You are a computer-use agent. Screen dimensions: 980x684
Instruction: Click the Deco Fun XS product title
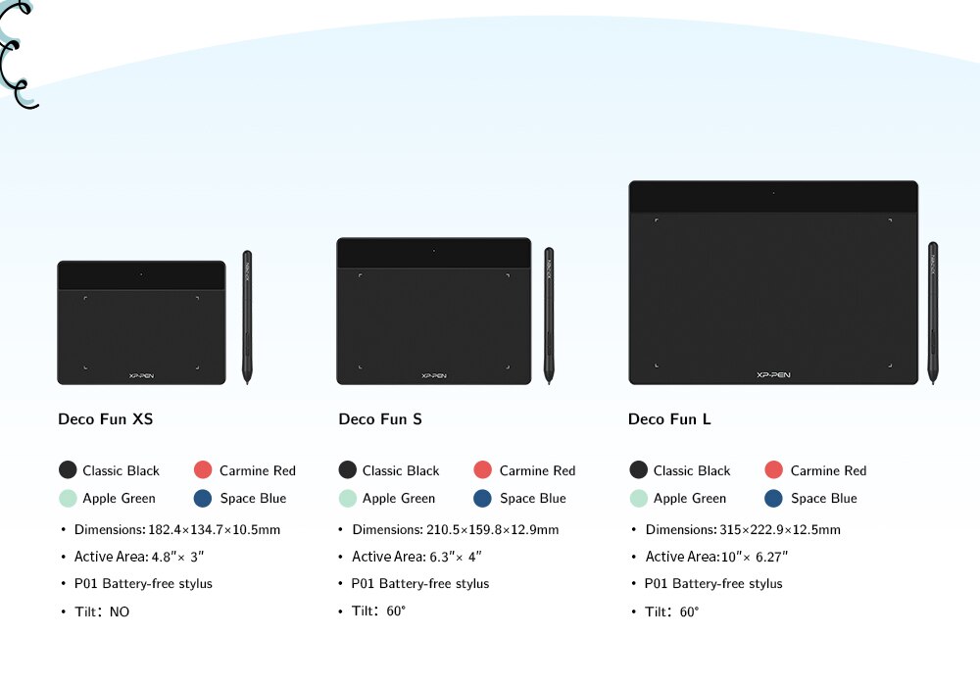coord(106,418)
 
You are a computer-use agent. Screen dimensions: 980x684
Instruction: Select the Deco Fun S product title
coord(380,418)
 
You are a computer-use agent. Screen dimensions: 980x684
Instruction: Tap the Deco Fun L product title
coord(669,418)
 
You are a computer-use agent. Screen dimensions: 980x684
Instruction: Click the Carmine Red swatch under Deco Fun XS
coord(203,469)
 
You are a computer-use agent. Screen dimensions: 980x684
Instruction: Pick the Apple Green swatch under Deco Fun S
coord(348,499)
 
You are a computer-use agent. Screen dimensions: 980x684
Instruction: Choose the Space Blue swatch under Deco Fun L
coord(774,499)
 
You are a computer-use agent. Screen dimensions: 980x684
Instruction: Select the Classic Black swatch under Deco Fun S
coord(348,469)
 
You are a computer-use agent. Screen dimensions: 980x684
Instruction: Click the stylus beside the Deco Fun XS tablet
coord(247,317)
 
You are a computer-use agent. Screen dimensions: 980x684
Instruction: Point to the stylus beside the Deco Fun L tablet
coord(933,313)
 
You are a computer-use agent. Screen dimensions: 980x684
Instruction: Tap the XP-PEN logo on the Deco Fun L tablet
coord(773,375)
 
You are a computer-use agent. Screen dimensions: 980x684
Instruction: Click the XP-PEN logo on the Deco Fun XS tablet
coord(141,375)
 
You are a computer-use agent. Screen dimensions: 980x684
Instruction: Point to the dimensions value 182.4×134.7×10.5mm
coord(215,529)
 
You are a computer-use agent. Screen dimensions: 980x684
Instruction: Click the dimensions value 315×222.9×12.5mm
coord(780,529)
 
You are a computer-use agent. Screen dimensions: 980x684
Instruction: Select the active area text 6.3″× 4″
coord(456,557)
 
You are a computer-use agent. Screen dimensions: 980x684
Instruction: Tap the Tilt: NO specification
coord(102,611)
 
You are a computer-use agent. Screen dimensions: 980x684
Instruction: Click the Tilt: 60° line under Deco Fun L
coord(672,611)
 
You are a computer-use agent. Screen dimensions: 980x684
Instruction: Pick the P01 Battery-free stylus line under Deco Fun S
coord(420,583)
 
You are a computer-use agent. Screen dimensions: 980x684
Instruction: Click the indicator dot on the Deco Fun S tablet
coord(434,251)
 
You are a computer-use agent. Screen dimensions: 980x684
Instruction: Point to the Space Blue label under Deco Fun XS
coord(253,499)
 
